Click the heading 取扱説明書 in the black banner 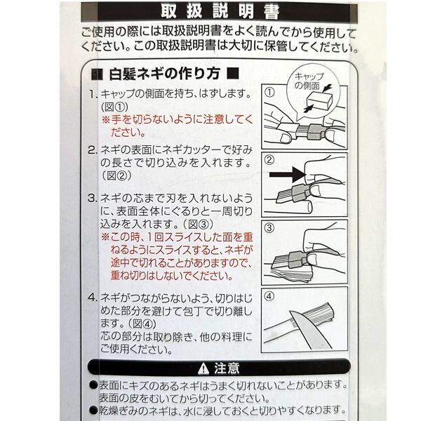coord(220,12)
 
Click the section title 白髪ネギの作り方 coord(165,74)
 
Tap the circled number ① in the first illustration coord(269,93)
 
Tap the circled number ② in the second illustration coord(269,160)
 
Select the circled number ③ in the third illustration coord(269,228)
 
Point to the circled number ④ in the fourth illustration coord(269,296)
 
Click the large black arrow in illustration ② coord(287,175)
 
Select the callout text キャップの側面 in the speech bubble coord(309,81)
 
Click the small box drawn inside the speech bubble coord(319,100)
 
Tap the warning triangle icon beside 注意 coord(203,368)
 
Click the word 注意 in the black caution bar coord(227,368)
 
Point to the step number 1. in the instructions coord(93,94)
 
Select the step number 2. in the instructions coord(93,150)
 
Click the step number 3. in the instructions coord(93,199)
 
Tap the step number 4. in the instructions coord(93,298)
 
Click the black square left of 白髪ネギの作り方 coord(97,74)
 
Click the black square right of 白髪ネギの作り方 coord(233,73)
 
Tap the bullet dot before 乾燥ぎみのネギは coord(94,410)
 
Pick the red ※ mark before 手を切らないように coord(105,119)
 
